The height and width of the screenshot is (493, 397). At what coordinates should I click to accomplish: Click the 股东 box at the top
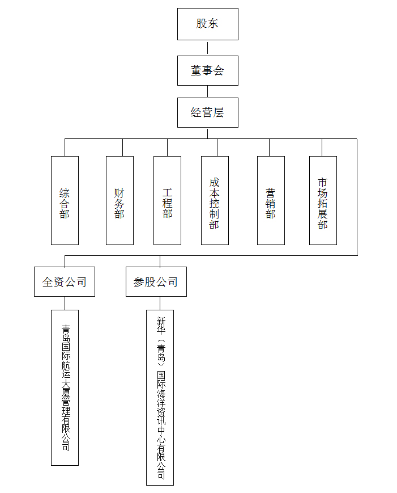click(207, 24)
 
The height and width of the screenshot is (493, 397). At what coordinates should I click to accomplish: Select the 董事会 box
click(207, 70)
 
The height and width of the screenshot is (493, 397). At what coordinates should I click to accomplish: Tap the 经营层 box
click(207, 112)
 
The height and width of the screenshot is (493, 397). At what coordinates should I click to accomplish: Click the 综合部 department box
click(65, 200)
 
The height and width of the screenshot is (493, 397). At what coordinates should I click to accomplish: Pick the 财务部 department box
click(119, 200)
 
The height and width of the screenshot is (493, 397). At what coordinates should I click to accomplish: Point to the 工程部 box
click(167, 200)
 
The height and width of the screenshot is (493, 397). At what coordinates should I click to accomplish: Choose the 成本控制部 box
click(215, 200)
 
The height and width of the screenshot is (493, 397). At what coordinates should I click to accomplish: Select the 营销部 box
click(271, 200)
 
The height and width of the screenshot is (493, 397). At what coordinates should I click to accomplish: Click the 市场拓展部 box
click(323, 200)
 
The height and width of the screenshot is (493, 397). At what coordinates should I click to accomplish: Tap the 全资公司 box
click(65, 281)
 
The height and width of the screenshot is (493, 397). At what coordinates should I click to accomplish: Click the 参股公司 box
click(156, 281)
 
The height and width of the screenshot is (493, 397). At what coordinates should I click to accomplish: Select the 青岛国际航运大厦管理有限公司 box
click(65, 387)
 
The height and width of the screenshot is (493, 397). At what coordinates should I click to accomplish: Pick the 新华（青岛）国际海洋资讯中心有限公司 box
click(160, 398)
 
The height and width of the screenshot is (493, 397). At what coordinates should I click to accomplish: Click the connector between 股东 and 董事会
click(207, 48)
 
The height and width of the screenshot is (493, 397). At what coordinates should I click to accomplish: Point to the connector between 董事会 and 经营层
click(207, 91)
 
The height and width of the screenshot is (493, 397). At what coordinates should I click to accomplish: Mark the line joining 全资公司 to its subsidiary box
click(65, 303)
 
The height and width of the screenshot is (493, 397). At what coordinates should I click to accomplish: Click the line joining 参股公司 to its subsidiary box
click(160, 303)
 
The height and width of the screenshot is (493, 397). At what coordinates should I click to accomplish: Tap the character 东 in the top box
click(213, 24)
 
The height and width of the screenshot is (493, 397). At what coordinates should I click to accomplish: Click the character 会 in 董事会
click(219, 70)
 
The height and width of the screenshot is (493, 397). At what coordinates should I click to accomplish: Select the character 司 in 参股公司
click(172, 282)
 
